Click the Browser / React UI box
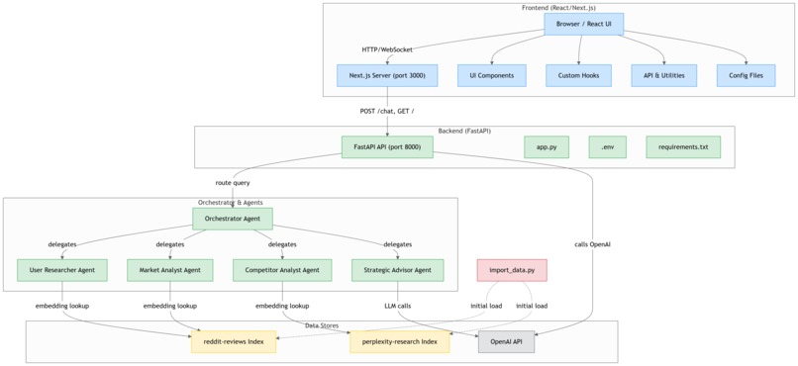583,24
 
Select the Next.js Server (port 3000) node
386,75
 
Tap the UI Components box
491,75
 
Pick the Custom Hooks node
578,75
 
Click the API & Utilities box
663,75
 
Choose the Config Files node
746,75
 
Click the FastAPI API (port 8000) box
387,147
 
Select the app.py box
547,147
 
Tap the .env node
607,147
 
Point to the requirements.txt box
683,147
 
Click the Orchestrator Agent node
232,219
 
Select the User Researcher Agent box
62,270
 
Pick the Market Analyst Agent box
170,270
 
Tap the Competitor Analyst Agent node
282,270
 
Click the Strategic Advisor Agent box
397,270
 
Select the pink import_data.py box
511,270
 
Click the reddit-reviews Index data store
234,342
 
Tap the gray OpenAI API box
506,342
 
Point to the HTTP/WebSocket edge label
387,48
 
